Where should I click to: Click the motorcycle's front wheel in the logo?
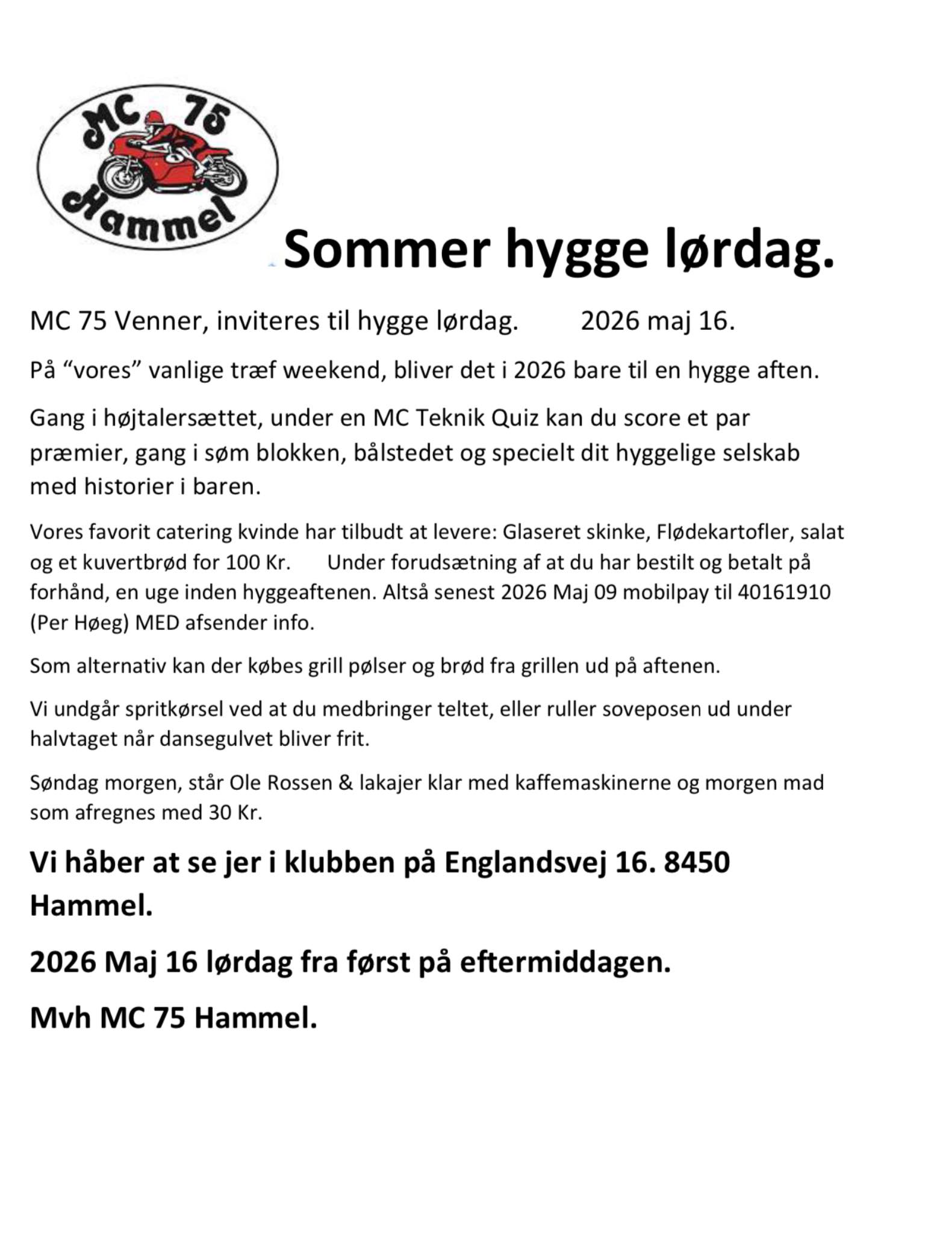pos(119,175)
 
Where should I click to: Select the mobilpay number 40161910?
pos(784,592)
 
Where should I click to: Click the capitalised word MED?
pos(157,623)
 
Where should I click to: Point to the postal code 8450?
pos(697,862)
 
